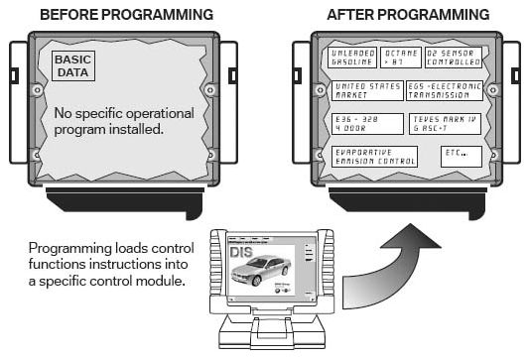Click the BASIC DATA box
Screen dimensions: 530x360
coord(73,65)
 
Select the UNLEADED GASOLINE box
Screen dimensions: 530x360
coord(352,58)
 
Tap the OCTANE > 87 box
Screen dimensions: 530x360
coord(401,58)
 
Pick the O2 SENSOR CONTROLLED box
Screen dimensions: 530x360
coord(454,58)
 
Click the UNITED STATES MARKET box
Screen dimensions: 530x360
coord(367,91)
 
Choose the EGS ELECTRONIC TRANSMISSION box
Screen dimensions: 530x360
coord(445,91)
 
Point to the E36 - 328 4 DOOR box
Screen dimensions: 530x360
coord(367,124)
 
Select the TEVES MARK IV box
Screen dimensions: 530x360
coord(445,124)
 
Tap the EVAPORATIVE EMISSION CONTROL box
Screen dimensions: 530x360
coord(374,157)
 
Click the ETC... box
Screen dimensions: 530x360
coord(462,157)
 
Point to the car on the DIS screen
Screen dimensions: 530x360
coord(261,270)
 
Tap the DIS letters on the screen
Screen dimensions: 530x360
coord(241,252)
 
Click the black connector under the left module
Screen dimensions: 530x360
coord(125,203)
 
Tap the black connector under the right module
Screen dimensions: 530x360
coord(408,203)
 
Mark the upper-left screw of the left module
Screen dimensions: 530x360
coord(37,90)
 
